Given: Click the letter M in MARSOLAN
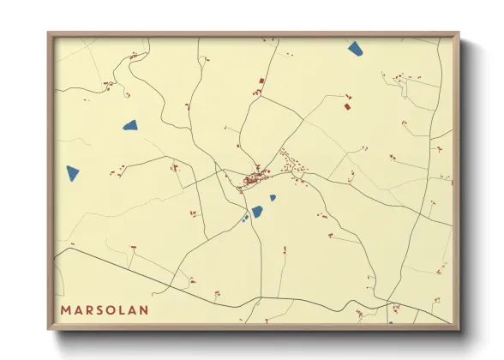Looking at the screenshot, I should [66, 309].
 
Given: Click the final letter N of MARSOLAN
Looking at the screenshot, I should [143, 309].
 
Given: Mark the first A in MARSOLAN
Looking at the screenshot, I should [77, 309].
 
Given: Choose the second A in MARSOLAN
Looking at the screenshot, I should [131, 309].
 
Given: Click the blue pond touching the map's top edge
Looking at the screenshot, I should [356, 48].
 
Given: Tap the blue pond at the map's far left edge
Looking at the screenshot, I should [72, 173].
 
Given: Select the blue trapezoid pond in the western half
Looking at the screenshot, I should [130, 126].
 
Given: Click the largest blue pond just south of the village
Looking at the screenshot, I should [256, 211].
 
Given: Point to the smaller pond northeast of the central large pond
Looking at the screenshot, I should [273, 198].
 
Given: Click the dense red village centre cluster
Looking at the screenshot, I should [254, 180].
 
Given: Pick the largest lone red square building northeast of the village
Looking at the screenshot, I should [347, 107].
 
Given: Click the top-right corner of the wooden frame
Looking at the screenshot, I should [458, 33].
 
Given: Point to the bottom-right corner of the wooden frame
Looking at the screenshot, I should [458, 328].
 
